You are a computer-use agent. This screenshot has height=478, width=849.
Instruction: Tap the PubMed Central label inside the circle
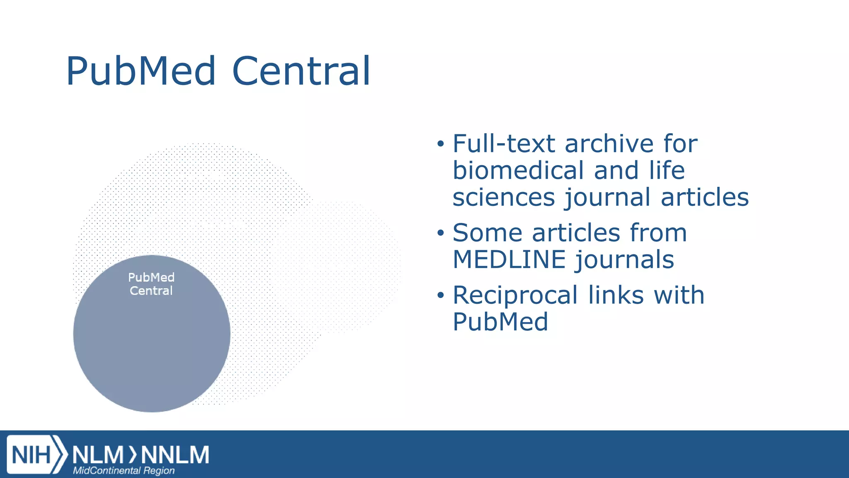pos(151,284)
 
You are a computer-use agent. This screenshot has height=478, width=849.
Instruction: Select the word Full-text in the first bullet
pos(504,144)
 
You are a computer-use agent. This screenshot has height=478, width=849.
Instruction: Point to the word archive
pos(609,144)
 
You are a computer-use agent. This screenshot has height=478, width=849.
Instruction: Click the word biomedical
pos(519,171)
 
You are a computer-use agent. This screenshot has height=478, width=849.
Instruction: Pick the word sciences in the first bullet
pos(504,197)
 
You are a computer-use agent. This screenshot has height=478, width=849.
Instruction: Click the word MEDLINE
pos(509,260)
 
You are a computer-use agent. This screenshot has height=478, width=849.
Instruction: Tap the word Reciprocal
pos(515,295)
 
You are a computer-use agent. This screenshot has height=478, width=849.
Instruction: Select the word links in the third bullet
pos(616,295)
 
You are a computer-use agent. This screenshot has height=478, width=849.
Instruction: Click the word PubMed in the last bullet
pos(500,322)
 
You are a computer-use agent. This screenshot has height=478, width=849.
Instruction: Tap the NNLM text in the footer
pos(175,455)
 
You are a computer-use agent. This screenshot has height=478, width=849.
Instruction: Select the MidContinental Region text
pos(124,471)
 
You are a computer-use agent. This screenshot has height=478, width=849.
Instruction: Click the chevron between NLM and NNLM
pos(132,455)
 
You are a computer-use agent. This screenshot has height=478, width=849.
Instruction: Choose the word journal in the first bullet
pos(607,197)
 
